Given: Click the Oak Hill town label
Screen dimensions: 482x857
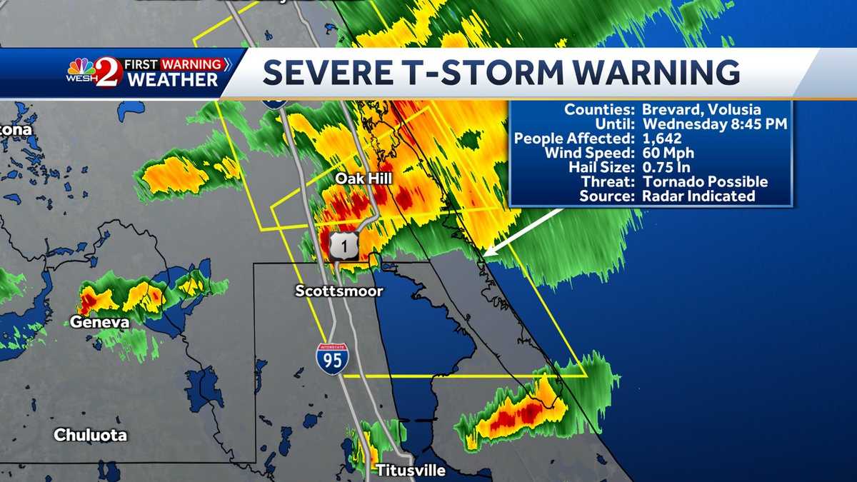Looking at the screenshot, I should [x=364, y=177].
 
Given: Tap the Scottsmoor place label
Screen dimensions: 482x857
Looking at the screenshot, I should [x=339, y=291].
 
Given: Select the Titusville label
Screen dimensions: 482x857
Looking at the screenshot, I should [x=410, y=471].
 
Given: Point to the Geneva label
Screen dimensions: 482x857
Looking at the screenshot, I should [x=99, y=323].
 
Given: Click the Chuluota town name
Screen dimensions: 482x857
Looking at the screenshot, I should [x=90, y=435].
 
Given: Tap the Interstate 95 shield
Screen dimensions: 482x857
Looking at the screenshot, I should [x=333, y=358].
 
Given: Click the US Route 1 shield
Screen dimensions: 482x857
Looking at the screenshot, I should [x=344, y=245].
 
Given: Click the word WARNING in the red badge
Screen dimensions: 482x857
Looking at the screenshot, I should [x=191, y=64].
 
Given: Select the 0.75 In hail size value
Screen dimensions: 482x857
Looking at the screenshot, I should [x=665, y=167].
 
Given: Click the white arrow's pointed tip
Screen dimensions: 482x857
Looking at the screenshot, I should [x=485, y=253].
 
